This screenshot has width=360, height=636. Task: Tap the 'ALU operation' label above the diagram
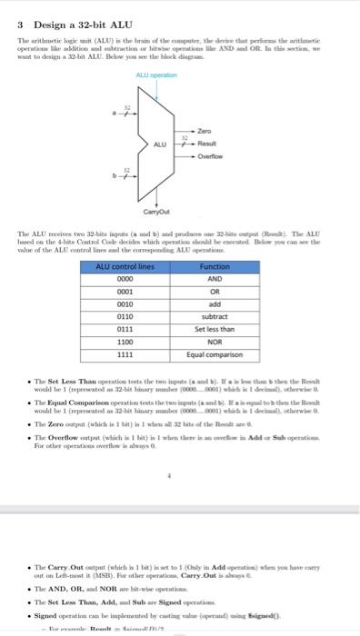point(155,75)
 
